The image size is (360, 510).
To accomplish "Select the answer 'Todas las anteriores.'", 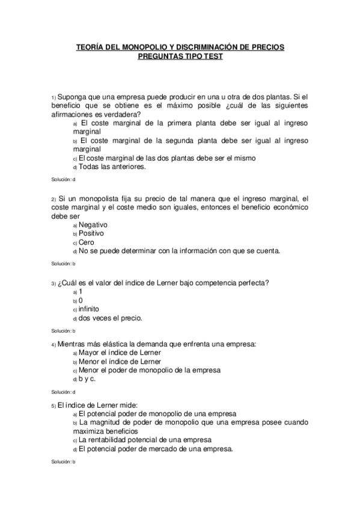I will [x=112, y=167].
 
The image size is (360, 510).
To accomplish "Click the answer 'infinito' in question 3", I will [x=93, y=309].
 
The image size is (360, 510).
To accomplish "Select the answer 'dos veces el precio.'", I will [x=110, y=318].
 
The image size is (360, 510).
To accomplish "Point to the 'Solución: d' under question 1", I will [x=63, y=180].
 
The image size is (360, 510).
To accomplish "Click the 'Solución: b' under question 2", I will [x=63, y=263].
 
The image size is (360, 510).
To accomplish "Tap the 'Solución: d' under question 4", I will [x=63, y=392].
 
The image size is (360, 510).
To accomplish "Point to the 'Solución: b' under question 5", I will [x=63, y=462].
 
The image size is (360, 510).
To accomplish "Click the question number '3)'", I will [x=53, y=283].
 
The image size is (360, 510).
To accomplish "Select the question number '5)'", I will [x=53, y=406].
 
